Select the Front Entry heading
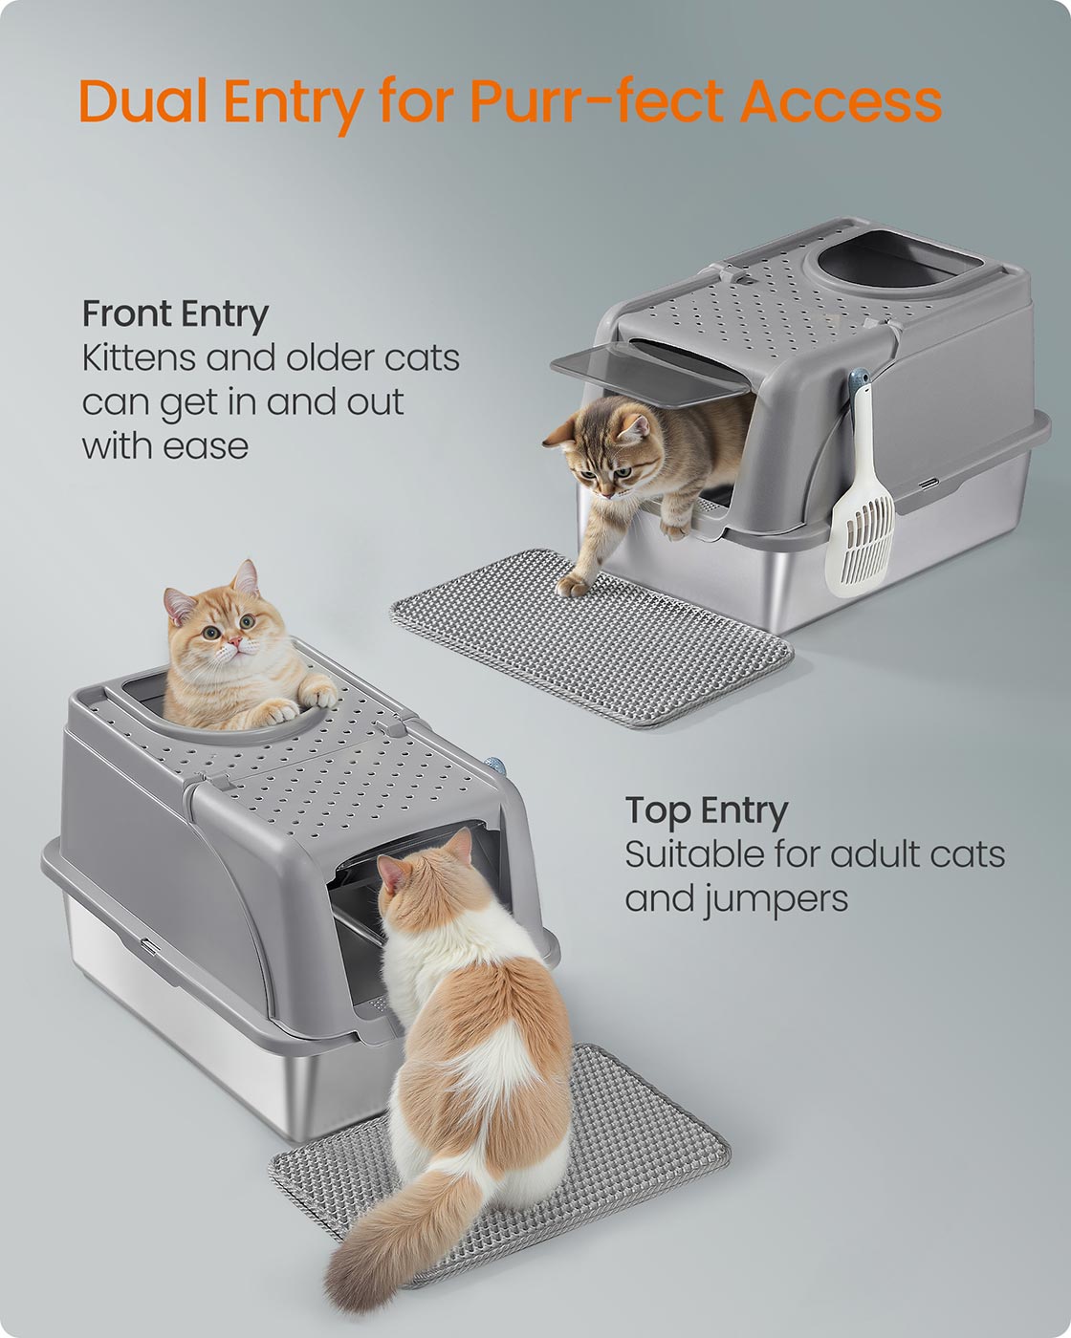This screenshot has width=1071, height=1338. coord(175,313)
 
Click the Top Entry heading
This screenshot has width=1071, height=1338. coord(707,810)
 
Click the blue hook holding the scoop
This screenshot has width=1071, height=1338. coord(860,379)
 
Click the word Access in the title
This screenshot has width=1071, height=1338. coord(841,101)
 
